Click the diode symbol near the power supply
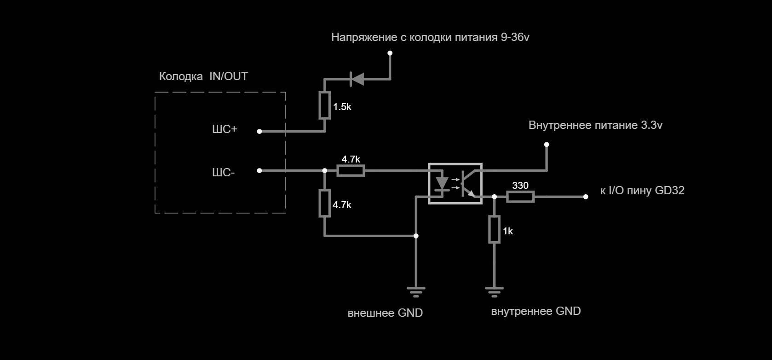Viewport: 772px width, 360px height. [x=357, y=79]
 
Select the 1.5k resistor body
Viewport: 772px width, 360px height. [x=325, y=105]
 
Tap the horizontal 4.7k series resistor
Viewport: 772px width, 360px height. [x=351, y=171]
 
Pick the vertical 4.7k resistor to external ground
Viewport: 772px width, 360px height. [x=325, y=203]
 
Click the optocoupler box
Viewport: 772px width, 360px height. [x=455, y=183]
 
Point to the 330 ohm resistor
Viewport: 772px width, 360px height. [x=520, y=197]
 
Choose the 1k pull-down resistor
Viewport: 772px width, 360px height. [x=494, y=229]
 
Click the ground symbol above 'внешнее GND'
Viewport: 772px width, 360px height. [x=416, y=292]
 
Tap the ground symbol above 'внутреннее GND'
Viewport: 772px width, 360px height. [x=494, y=292]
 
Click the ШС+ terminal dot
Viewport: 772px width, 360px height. [x=259, y=131]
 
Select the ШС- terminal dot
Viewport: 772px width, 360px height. [x=259, y=171]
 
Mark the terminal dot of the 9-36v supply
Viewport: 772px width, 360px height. [x=390, y=53]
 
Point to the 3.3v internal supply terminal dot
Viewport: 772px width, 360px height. [x=547, y=145]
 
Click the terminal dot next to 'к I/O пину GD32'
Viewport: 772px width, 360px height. [x=586, y=197]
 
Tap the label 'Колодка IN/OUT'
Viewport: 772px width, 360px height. [x=203, y=76]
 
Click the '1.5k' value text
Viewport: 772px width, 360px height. [x=342, y=107]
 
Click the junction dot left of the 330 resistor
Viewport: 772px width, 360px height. [x=495, y=197]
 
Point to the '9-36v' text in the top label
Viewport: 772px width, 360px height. [x=515, y=37]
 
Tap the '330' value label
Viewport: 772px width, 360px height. [x=520, y=186]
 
